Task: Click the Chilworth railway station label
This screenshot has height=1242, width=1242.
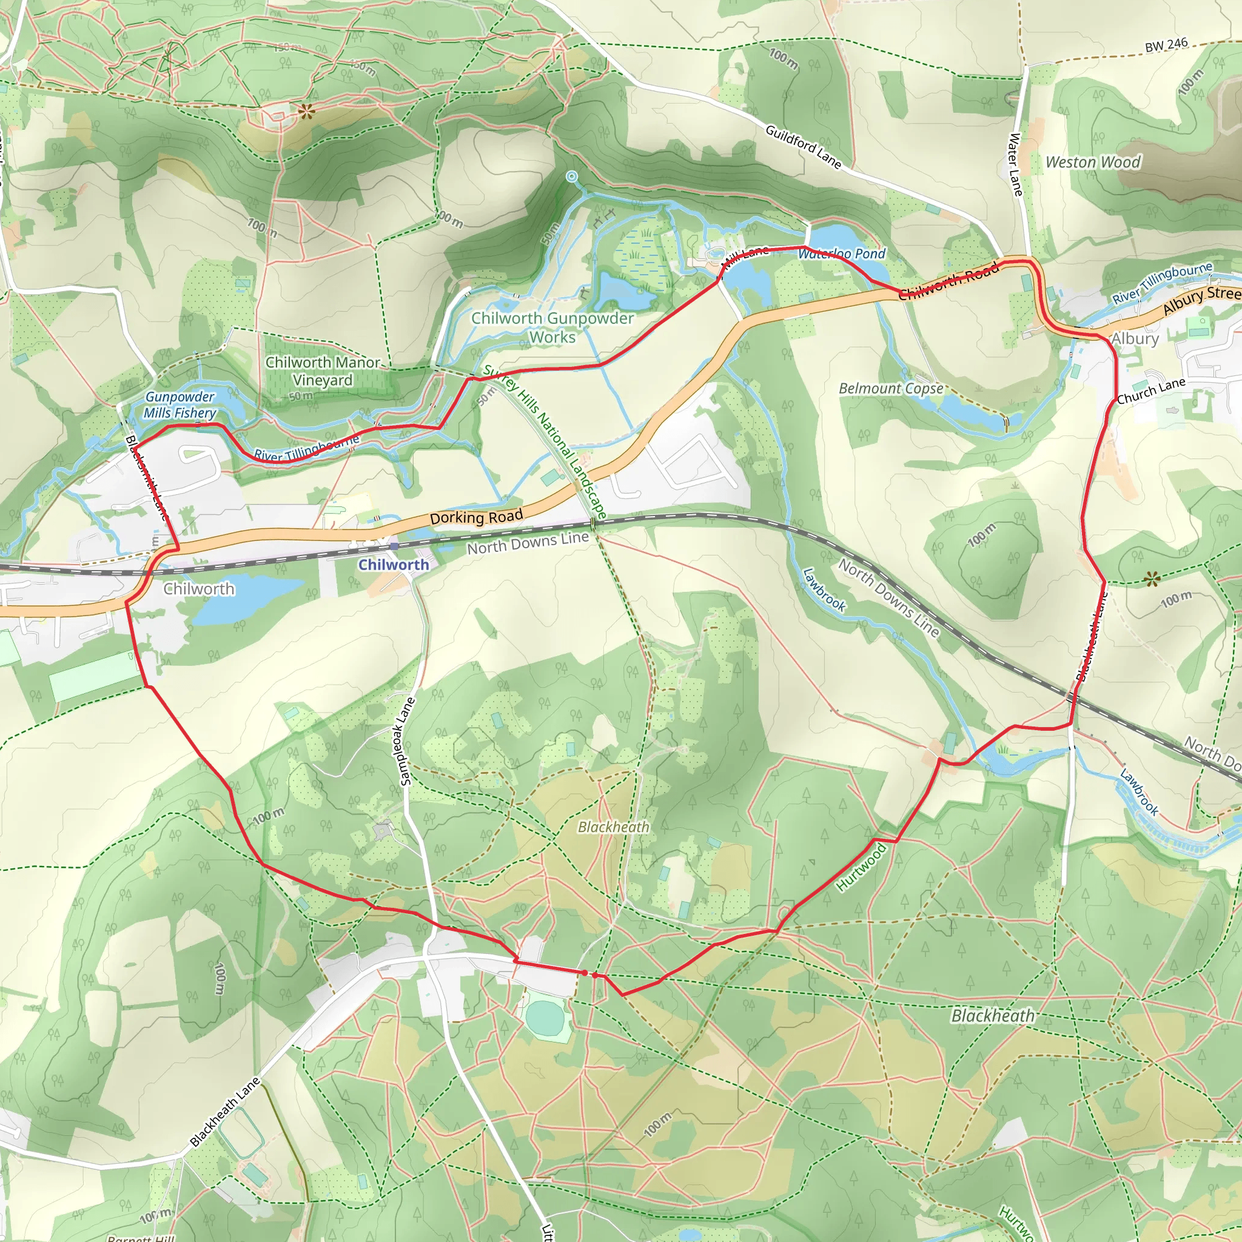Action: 394,565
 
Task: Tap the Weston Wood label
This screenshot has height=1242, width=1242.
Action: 1093,162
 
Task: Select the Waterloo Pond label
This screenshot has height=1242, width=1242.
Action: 842,254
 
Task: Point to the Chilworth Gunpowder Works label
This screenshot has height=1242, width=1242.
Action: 552,327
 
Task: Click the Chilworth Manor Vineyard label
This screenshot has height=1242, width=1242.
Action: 323,371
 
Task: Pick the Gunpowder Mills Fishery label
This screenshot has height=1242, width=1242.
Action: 180,405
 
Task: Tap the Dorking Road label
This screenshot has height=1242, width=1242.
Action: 475,517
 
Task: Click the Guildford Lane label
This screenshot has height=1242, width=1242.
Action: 803,147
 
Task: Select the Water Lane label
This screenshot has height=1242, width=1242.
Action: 1015,164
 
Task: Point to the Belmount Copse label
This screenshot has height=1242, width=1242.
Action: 891,388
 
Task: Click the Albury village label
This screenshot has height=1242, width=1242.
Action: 1135,339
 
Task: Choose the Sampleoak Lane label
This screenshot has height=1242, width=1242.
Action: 407,741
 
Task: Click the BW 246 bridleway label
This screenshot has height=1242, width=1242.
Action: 1166,45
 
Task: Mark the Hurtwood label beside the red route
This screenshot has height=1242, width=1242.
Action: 861,867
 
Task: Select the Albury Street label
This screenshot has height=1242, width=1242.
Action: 1201,299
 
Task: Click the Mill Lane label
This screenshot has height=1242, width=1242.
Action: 746,257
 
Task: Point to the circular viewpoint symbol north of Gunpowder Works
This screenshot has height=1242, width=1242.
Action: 571,176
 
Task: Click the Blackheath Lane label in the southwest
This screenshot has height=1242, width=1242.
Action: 224,1112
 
